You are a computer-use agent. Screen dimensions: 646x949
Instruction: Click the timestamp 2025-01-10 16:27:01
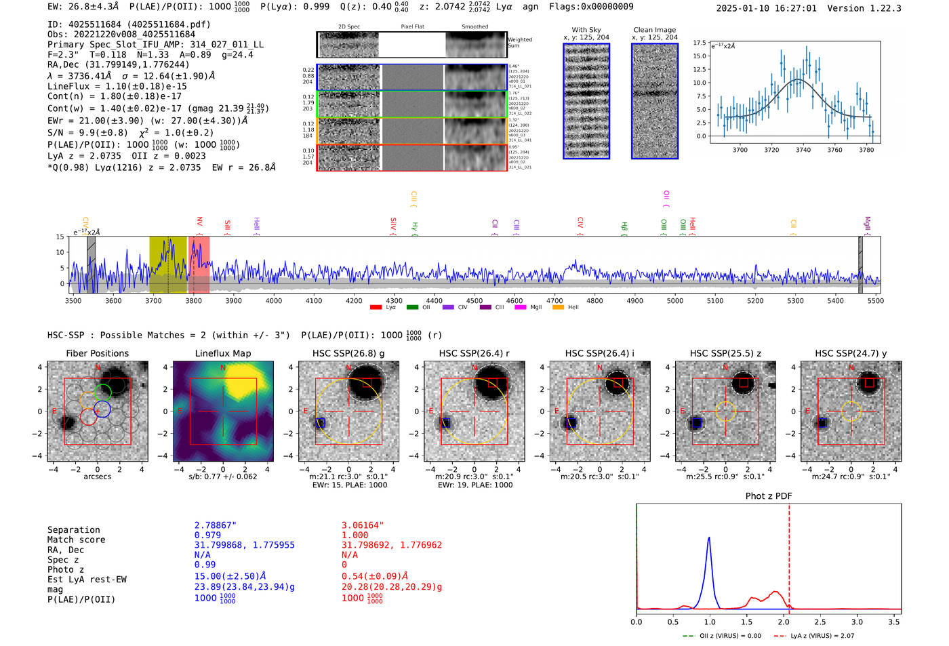[x=766, y=8]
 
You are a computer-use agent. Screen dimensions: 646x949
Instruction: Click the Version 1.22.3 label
[x=865, y=8]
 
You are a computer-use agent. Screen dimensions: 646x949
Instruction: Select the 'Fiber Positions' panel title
[x=97, y=353]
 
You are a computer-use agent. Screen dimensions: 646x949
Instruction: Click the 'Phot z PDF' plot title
[x=768, y=496]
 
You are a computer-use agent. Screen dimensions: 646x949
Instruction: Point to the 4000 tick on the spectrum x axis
[x=274, y=300]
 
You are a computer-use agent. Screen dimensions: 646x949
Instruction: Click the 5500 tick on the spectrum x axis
[x=875, y=300]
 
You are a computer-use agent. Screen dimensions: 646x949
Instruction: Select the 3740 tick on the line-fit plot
[x=803, y=150]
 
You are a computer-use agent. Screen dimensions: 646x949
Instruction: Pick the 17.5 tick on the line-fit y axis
[x=699, y=43]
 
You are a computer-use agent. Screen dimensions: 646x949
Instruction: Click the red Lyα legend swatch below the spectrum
[x=376, y=308]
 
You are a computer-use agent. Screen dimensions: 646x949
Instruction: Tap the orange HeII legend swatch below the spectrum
[x=558, y=308]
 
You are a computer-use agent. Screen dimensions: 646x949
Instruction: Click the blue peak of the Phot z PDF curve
[x=709, y=538]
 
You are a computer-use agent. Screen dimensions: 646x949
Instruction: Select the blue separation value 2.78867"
[x=216, y=525]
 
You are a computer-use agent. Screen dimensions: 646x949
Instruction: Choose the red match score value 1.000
[x=355, y=535]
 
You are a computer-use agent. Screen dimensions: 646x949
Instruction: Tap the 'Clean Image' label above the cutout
[x=654, y=30]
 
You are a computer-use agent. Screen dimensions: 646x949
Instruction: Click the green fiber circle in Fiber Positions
[x=102, y=392]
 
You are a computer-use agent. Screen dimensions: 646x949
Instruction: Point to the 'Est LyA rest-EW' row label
[x=87, y=580]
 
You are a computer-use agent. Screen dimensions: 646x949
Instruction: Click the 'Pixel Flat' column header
[x=412, y=26]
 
